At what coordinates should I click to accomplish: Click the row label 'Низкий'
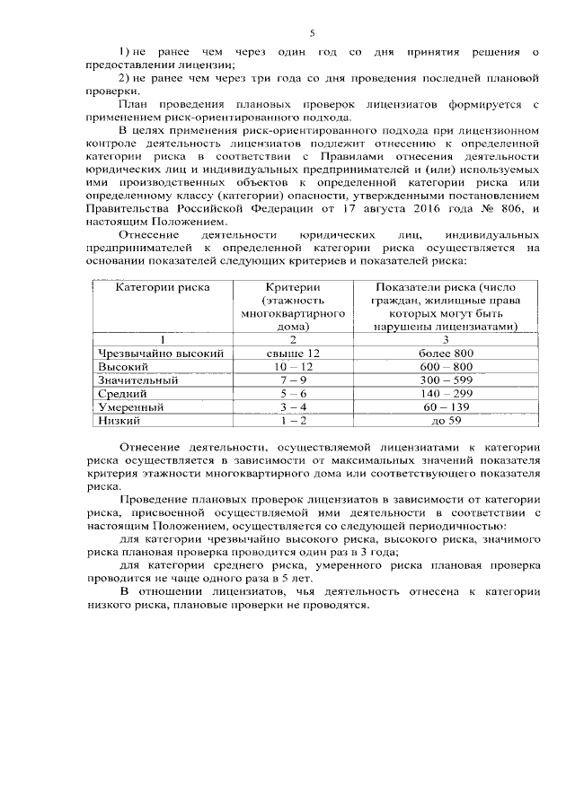point(119,420)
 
